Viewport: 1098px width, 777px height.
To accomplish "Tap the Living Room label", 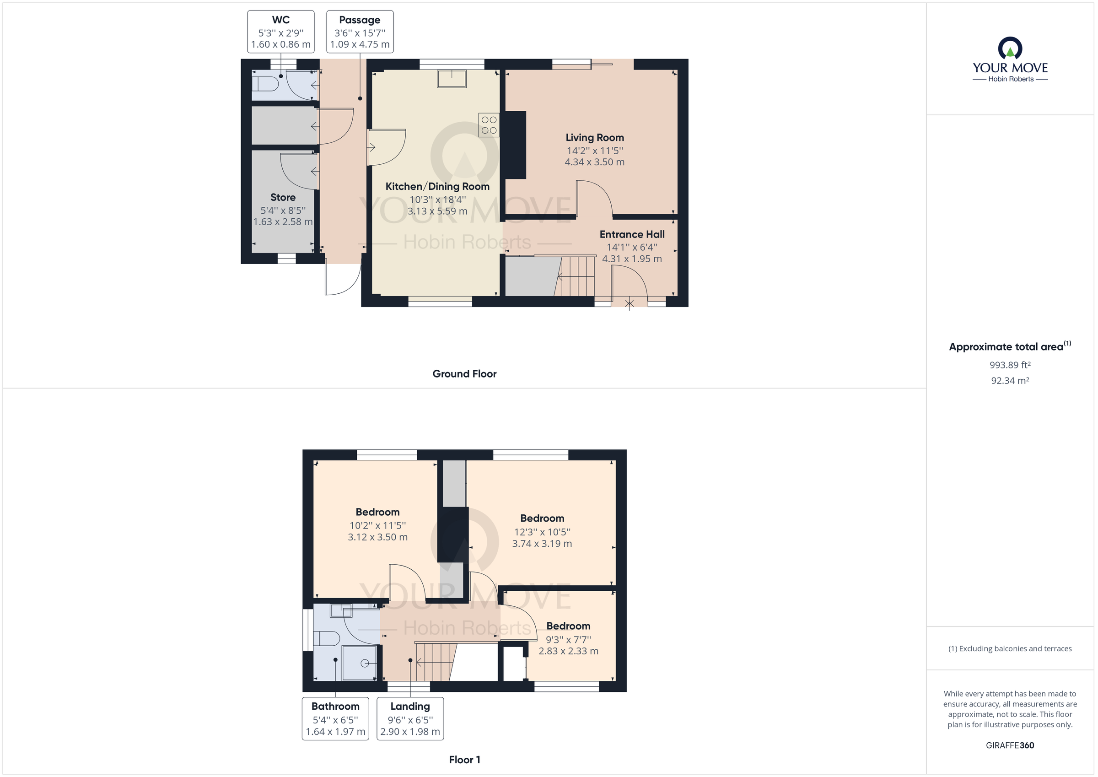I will click(594, 138).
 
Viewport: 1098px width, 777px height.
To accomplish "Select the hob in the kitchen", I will click(489, 125).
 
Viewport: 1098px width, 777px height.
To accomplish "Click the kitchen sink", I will click(452, 79).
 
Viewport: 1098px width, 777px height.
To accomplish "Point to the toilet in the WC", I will click(266, 84).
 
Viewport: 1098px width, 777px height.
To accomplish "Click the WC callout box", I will click(281, 32).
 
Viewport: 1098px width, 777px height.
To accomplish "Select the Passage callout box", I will click(360, 32).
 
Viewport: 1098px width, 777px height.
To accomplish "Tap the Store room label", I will click(283, 197).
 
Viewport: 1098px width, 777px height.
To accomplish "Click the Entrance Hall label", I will click(632, 234).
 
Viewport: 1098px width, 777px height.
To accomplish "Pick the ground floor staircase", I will click(578, 276).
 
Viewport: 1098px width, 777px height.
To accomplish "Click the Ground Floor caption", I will click(464, 374).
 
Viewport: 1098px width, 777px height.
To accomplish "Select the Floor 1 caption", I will click(464, 760).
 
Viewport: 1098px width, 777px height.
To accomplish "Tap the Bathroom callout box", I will click(335, 718).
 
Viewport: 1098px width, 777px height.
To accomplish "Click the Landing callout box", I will click(410, 718).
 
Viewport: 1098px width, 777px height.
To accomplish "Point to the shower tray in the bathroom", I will click(360, 663).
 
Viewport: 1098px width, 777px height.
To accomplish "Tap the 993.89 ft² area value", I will click(1010, 365).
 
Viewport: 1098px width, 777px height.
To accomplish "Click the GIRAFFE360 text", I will click(1010, 745).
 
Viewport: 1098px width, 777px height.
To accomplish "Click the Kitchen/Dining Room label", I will click(437, 187).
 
